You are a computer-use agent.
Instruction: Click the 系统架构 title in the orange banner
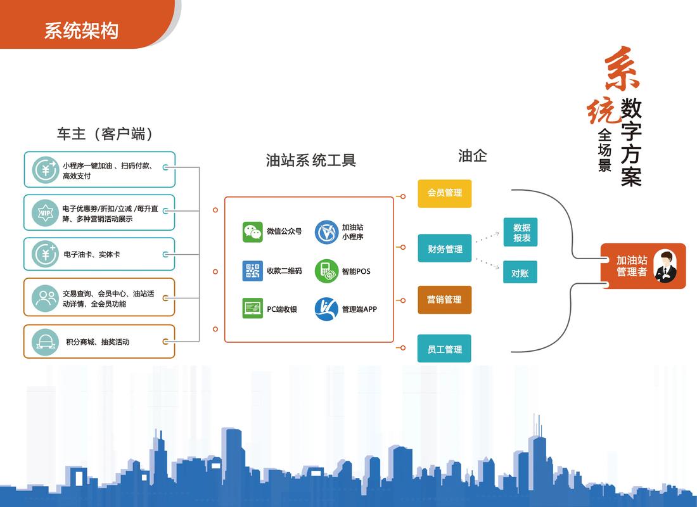click(x=81, y=30)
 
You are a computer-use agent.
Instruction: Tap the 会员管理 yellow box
click(x=444, y=193)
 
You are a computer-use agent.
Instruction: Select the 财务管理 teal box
click(x=444, y=248)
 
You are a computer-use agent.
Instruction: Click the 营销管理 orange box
click(x=444, y=299)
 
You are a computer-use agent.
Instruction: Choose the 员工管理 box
click(x=444, y=349)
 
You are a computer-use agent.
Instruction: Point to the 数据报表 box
click(x=521, y=233)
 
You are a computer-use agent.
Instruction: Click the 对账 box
click(x=520, y=273)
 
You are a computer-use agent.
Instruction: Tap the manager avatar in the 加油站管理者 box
click(x=665, y=266)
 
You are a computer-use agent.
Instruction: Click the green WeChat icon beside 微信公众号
click(x=252, y=232)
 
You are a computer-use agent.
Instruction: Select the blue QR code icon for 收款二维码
click(x=252, y=271)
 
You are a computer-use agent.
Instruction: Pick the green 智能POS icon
click(x=326, y=271)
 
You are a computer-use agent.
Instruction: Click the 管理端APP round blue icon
click(x=326, y=309)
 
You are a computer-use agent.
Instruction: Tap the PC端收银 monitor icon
click(x=252, y=309)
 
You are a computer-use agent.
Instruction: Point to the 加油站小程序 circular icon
click(x=326, y=232)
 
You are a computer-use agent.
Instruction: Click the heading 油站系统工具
click(x=310, y=160)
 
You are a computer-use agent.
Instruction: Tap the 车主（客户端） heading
click(x=105, y=134)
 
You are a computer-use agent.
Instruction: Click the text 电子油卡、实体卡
click(x=91, y=254)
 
